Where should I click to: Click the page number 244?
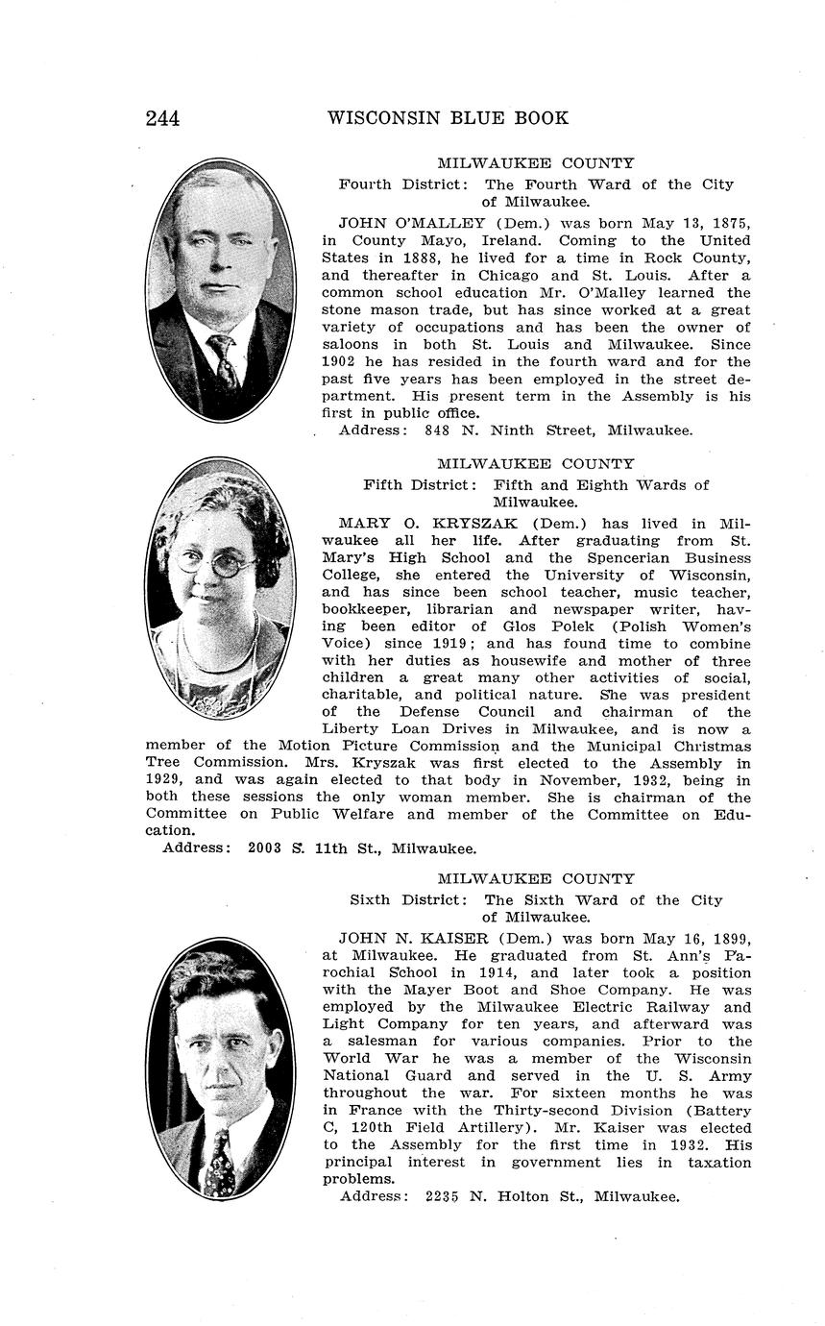pyautogui.click(x=162, y=118)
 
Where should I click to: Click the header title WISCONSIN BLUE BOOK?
pyautogui.click(x=448, y=118)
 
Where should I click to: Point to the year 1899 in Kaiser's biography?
pyautogui.click(x=727, y=939)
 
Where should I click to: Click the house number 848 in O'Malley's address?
pyautogui.click(x=439, y=430)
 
